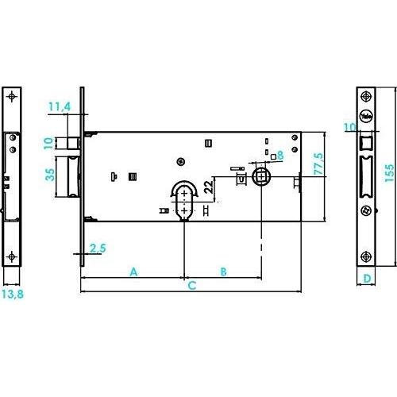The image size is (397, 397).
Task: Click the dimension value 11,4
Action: pos(60,106)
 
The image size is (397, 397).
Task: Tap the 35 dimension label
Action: pos(50,175)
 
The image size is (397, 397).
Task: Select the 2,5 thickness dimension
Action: pos(98,249)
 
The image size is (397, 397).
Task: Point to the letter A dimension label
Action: pos(133,272)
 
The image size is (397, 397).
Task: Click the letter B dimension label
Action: pos(224,272)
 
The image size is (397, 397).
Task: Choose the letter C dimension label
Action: pos(192,286)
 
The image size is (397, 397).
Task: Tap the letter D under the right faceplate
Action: pos(367,279)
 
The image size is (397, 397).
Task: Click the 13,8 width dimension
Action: pos(13,294)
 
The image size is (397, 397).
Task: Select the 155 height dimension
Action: pos(389,173)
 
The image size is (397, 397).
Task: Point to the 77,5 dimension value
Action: pos(318,164)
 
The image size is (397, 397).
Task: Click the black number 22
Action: pos(209,187)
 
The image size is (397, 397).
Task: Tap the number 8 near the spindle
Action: pos(280,155)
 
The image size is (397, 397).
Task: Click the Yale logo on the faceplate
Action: pos(366,116)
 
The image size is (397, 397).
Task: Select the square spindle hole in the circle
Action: pos(261,176)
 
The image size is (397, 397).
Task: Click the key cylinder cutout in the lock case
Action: pos(184,201)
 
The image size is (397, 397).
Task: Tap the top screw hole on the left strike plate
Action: pos(11,96)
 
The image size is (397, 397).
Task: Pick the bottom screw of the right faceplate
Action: pos(366,256)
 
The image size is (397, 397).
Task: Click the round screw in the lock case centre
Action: pos(180,161)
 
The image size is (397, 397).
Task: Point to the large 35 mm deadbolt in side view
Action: pos(68,177)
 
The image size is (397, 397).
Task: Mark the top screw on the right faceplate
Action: pos(366,96)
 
